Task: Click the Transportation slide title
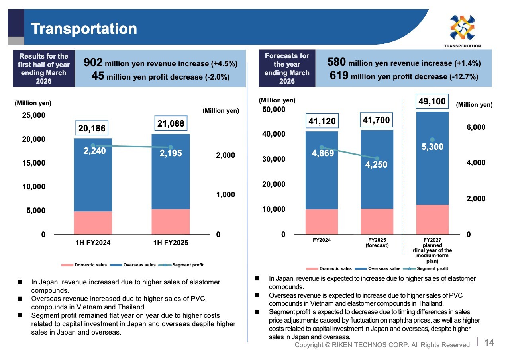(x=84, y=29)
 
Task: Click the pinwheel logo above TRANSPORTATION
(x=463, y=27)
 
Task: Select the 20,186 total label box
(x=92, y=128)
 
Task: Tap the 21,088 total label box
(x=171, y=123)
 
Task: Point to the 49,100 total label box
(x=432, y=101)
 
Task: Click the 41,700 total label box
(x=376, y=120)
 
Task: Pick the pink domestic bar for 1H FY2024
(x=93, y=223)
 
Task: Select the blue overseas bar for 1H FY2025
(x=171, y=172)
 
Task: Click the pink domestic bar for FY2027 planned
(x=432, y=219)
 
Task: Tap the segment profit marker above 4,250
(x=377, y=158)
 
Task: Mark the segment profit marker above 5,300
(x=432, y=139)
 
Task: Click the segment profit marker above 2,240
(x=93, y=145)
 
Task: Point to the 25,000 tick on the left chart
(x=34, y=115)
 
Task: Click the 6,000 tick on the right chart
(x=476, y=127)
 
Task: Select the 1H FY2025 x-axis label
(x=171, y=243)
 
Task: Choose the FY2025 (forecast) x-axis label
(x=377, y=243)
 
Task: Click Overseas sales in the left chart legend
(x=139, y=265)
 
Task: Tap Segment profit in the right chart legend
(x=432, y=268)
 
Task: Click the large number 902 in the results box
(x=93, y=63)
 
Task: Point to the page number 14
(x=489, y=343)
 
